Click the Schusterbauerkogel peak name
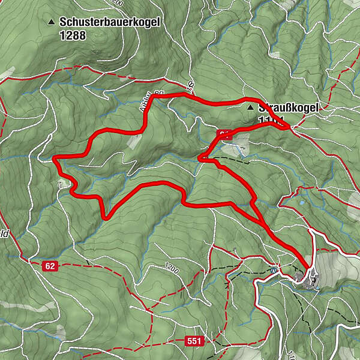(x=110, y=22)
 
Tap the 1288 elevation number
(x=73, y=35)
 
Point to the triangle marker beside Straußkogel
(x=250, y=108)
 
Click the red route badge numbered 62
(x=50, y=265)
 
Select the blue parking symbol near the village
(x=274, y=268)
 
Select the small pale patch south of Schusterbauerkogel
(x=134, y=139)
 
